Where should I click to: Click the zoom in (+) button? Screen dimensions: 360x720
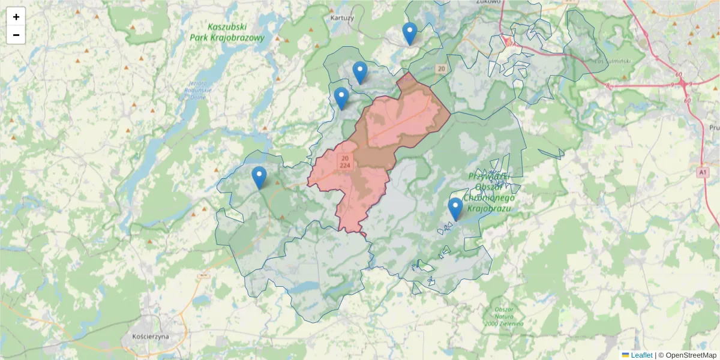click(16, 17)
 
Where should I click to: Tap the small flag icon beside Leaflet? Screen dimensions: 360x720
click(625, 355)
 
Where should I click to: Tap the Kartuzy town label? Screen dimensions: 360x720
click(342, 18)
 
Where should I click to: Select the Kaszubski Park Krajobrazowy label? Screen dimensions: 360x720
click(227, 32)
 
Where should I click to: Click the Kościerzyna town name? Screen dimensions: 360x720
click(150, 337)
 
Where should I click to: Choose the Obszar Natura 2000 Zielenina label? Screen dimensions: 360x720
click(506, 316)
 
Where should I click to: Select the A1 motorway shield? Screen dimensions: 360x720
click(703, 173)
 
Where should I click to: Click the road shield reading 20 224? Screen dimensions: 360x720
click(345, 161)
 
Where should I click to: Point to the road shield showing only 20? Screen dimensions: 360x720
click(442, 69)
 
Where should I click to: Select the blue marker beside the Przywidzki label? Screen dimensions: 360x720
click(455, 209)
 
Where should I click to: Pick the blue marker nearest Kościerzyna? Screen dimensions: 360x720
click(259, 178)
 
